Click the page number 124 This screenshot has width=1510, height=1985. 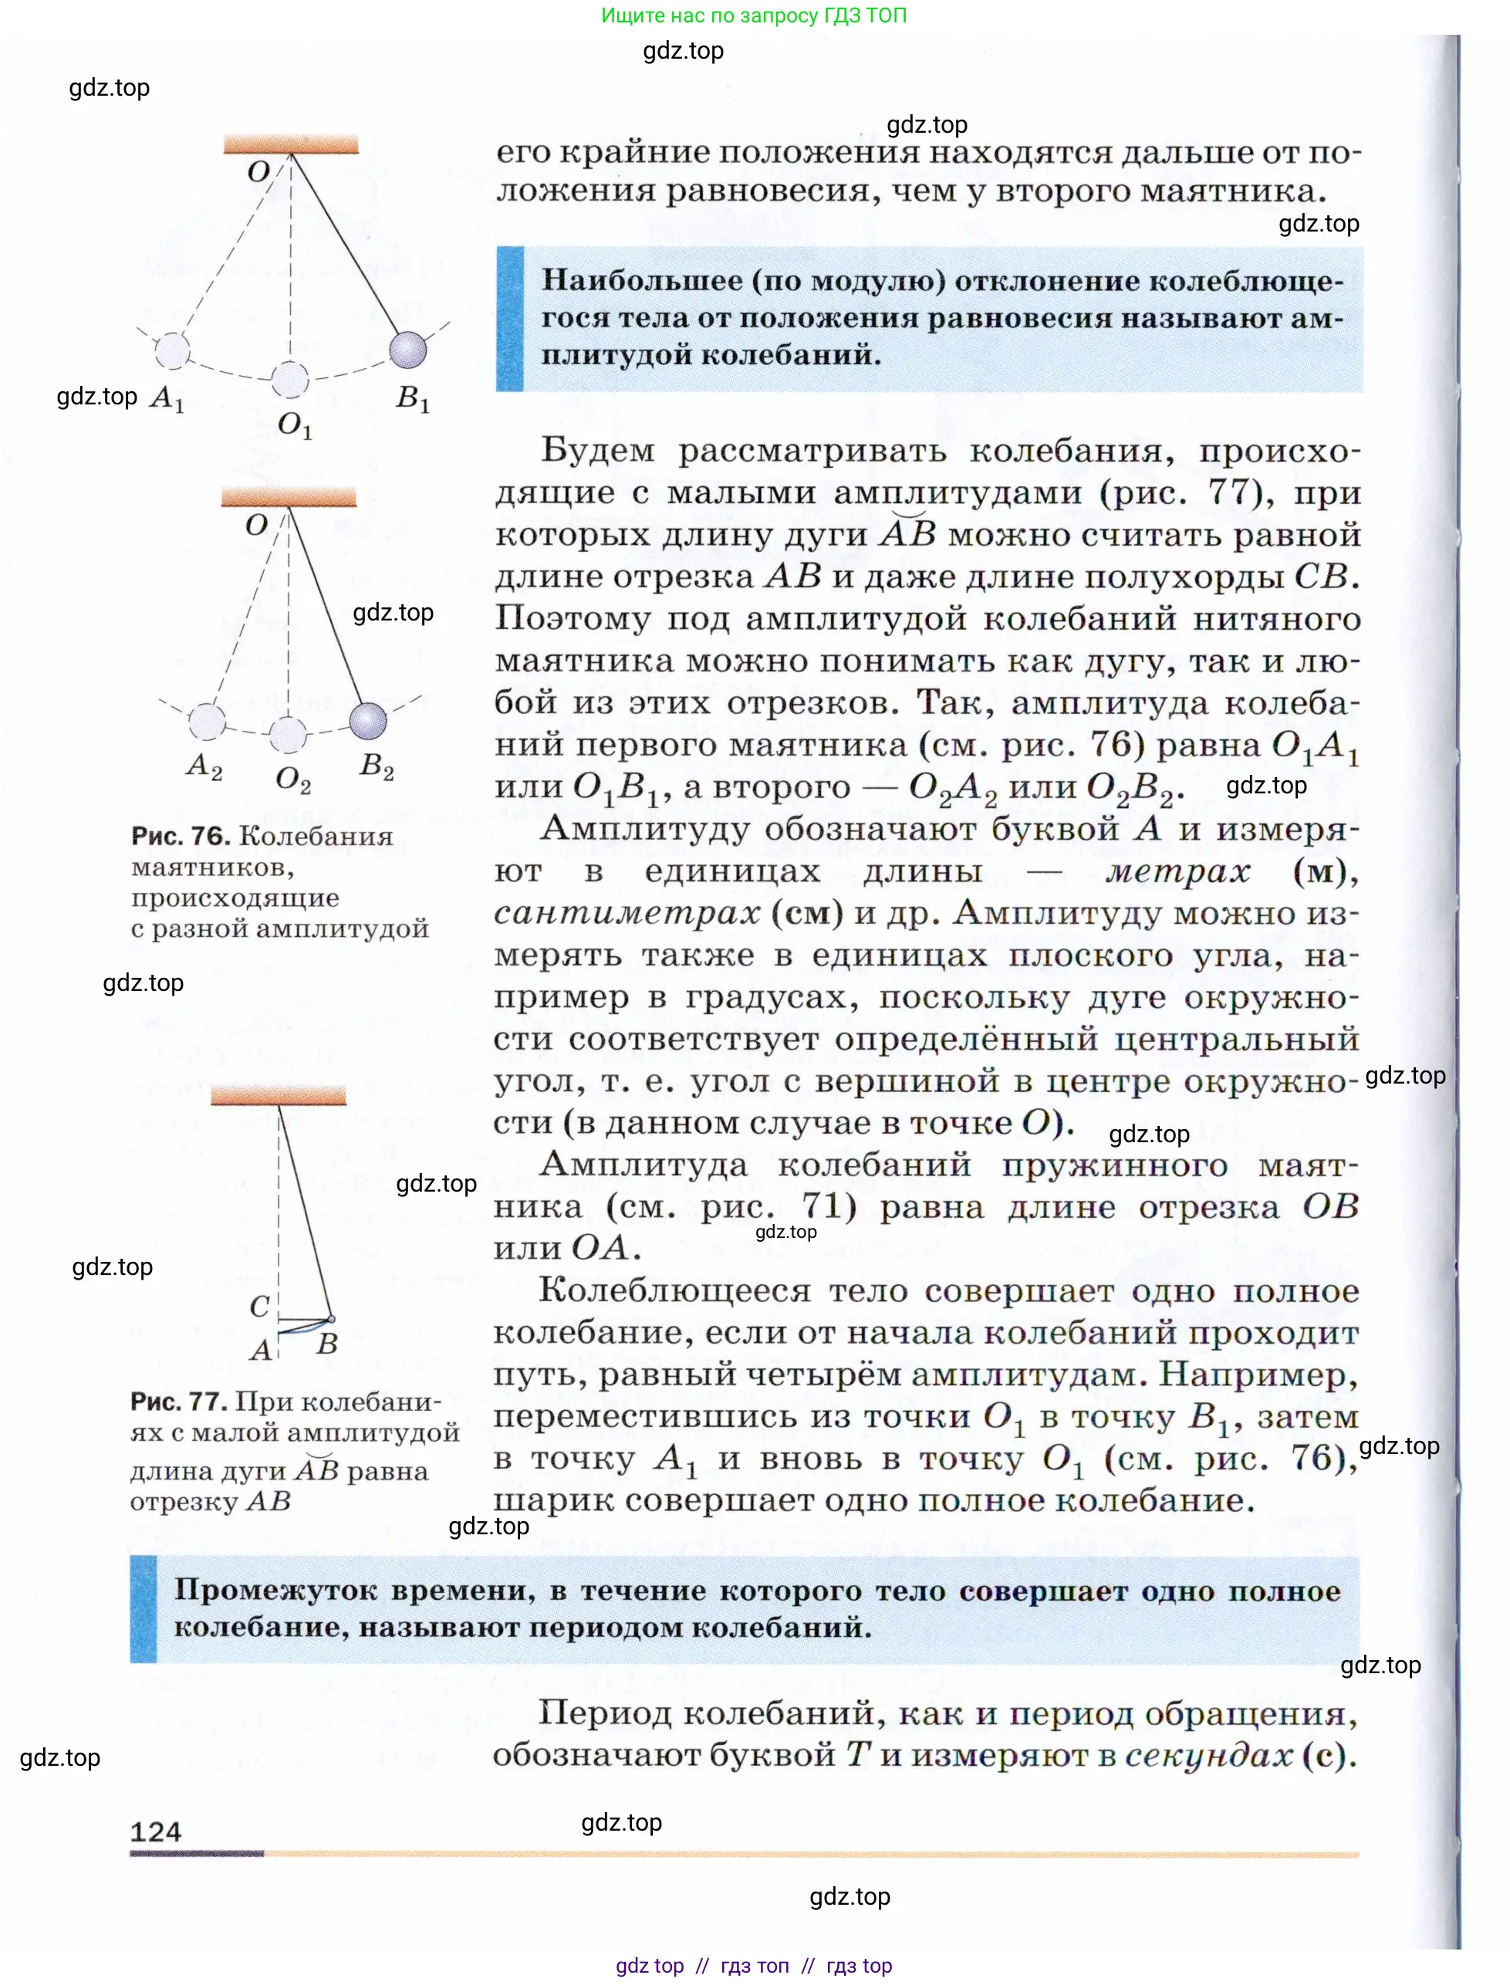tap(156, 1831)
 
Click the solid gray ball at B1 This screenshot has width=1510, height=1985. tap(408, 350)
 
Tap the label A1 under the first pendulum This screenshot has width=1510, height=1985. tap(167, 397)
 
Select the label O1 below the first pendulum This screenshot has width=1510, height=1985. tap(295, 424)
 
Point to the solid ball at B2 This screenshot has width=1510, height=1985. tap(367, 720)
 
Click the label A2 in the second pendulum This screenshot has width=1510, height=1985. tap(204, 766)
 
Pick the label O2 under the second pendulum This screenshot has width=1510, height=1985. tap(293, 779)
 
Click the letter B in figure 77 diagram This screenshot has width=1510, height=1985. tap(327, 1344)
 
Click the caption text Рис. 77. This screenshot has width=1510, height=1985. tap(179, 1402)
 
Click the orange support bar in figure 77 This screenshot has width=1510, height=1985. tap(279, 1095)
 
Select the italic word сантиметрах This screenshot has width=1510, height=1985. tap(627, 913)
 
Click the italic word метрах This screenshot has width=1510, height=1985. tap(1177, 871)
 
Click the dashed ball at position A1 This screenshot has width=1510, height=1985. tap(173, 350)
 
